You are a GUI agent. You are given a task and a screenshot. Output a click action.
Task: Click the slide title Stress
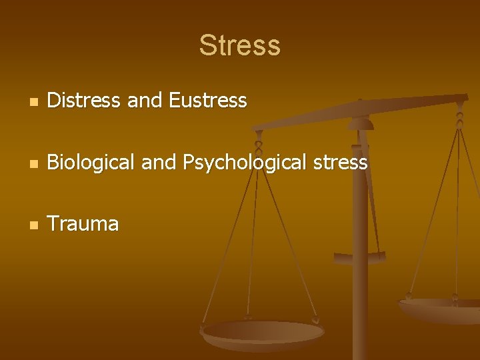click(x=239, y=46)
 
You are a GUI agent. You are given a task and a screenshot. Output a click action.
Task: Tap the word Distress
click(x=85, y=101)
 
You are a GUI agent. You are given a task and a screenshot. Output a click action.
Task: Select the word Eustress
click(x=208, y=101)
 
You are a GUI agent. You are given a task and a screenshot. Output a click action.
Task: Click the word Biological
click(x=91, y=163)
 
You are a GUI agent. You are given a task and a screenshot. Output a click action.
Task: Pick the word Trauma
click(x=83, y=224)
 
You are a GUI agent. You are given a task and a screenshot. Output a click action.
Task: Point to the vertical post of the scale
click(x=360, y=280)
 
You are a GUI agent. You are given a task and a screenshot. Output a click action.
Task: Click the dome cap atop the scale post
click(x=361, y=123)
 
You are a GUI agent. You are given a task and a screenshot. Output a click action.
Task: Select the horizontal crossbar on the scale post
click(x=360, y=257)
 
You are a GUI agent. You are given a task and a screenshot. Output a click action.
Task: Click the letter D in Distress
click(x=54, y=101)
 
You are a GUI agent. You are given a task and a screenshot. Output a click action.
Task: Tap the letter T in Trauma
click(x=53, y=224)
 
